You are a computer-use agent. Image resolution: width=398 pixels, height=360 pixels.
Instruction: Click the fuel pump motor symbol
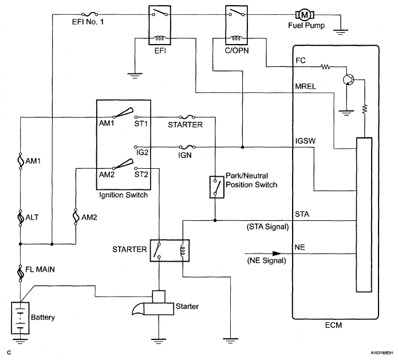point(305,15)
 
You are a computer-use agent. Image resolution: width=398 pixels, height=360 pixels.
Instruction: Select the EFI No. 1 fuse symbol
point(89,14)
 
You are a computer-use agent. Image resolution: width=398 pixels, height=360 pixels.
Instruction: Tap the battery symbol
point(20,318)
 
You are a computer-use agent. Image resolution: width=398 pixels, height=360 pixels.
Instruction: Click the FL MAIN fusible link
point(20,273)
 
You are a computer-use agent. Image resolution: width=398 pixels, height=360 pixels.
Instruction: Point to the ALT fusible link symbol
point(20,217)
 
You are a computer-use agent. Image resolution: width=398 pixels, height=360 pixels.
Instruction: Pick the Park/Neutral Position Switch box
point(217,187)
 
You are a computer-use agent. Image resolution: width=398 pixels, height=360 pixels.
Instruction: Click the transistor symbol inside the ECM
point(348,80)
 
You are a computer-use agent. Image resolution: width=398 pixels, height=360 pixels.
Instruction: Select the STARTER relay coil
point(183,251)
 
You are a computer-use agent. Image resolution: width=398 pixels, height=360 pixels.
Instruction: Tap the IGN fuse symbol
point(187,147)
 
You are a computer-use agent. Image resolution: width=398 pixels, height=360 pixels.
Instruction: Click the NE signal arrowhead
point(277,253)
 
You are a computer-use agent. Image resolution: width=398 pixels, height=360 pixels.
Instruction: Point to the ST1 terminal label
point(141,124)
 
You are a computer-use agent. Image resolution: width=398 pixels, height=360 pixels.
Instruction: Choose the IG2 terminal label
point(142,152)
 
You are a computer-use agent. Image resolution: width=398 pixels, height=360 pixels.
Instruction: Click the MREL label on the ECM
point(306,86)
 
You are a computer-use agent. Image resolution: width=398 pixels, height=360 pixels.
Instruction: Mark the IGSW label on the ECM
point(305,141)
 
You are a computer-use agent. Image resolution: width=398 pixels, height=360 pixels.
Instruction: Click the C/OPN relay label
point(237,50)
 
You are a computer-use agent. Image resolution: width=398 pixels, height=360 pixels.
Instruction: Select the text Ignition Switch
point(123,195)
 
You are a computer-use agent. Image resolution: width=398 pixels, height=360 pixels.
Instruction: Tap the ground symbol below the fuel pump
point(341,32)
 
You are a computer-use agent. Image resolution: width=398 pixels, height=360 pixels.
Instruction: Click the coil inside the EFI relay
point(159,38)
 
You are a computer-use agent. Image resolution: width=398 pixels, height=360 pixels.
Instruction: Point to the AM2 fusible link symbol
point(76,217)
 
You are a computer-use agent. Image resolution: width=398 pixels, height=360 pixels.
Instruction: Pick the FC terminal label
point(301,60)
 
